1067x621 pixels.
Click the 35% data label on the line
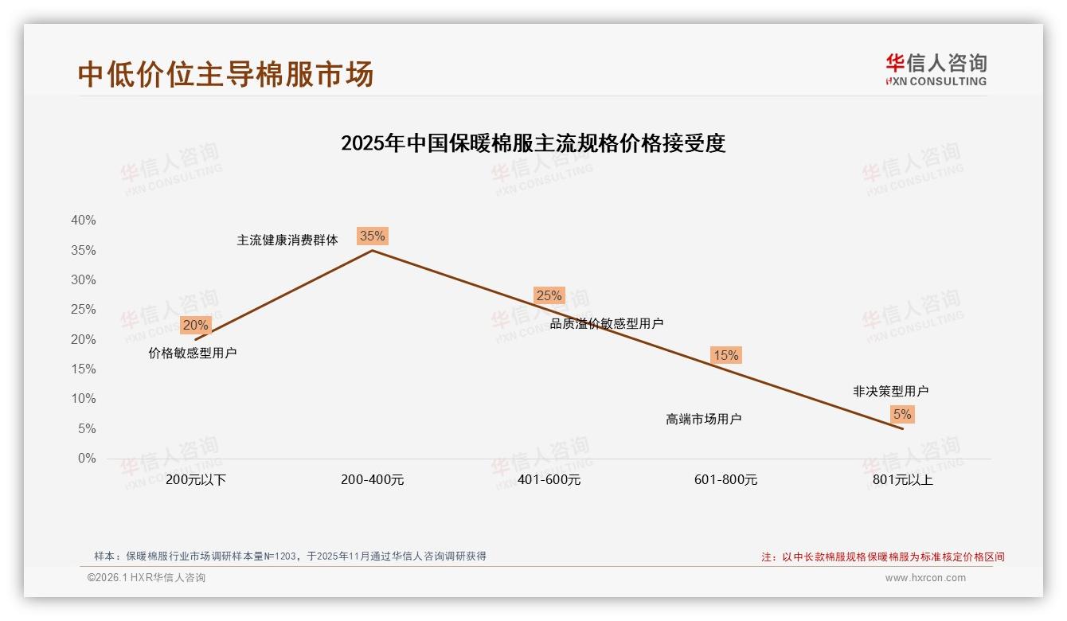click(372, 236)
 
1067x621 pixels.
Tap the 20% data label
click(195, 325)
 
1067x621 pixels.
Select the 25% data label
click(549, 295)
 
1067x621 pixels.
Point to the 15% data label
click(725, 355)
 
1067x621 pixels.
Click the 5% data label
click(902, 414)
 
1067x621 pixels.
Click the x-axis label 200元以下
click(196, 480)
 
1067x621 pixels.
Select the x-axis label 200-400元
click(373, 480)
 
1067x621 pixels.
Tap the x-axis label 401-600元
click(549, 480)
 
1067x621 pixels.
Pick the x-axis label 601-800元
click(726, 480)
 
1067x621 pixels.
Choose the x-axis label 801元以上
click(903, 480)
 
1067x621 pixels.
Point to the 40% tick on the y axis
click(84, 221)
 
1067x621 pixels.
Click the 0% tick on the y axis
click(87, 459)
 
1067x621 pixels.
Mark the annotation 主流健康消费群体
click(287, 240)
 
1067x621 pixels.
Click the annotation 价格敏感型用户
click(193, 353)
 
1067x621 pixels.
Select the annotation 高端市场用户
click(704, 419)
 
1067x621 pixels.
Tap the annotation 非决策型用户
click(891, 391)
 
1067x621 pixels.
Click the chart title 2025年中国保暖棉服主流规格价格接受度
click(533, 143)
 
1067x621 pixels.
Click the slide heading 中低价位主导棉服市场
click(226, 74)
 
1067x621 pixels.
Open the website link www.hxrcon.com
click(925, 578)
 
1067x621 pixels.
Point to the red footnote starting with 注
click(883, 557)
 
